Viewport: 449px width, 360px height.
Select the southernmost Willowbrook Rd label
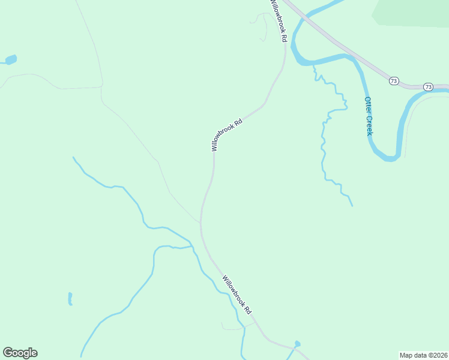pos(237,296)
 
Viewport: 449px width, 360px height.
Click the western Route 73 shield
pos(394,81)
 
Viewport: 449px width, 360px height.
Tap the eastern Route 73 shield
pos(428,87)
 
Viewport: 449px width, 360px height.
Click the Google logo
pos(20,353)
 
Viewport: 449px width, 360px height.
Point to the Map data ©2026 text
pos(424,355)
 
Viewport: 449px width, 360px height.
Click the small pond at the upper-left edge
pos(10,59)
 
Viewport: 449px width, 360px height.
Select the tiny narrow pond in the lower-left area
pos(70,298)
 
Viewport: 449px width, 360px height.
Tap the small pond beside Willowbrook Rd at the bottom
pos(297,344)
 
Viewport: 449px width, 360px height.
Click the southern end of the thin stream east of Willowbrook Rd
pos(352,206)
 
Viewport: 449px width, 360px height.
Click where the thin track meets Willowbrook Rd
pos(200,223)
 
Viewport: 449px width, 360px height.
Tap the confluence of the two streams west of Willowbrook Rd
pos(193,246)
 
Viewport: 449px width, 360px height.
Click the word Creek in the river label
pos(369,125)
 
